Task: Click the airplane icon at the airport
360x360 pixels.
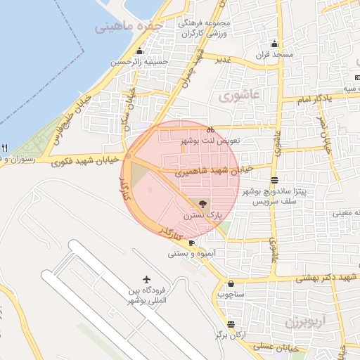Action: coord(147,280)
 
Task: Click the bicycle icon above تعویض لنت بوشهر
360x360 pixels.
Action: coord(210,129)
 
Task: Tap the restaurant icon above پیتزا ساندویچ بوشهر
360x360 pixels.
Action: coord(274,180)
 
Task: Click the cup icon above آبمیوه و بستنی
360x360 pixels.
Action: coord(192,243)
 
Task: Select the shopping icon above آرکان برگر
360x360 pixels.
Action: coord(230,323)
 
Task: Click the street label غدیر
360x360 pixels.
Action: coord(224,59)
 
